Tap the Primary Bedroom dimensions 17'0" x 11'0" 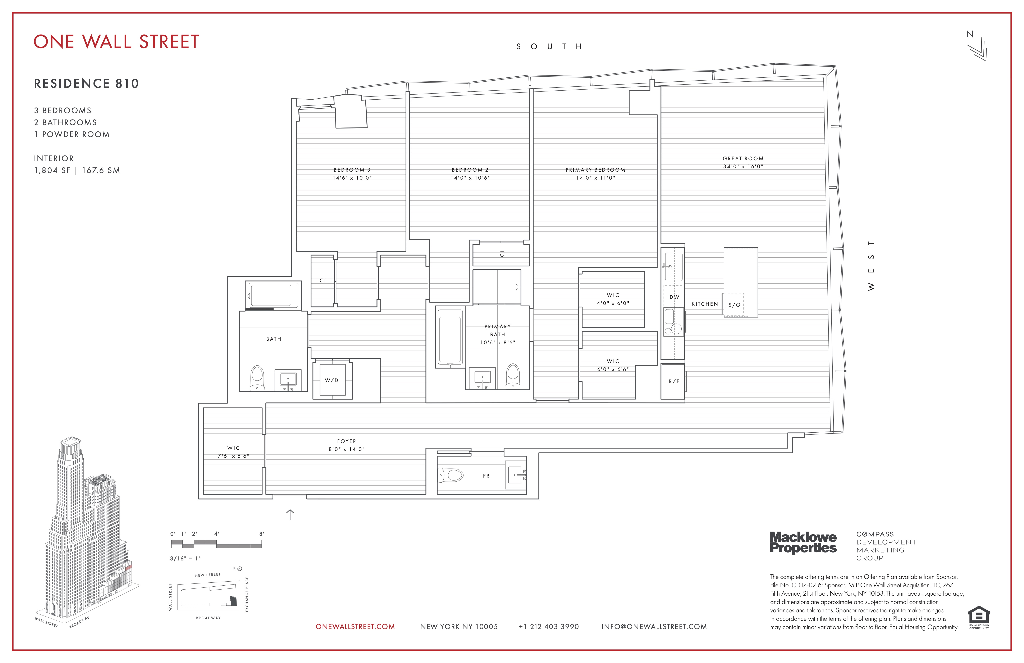pos(595,178)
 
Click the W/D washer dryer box pos(332,380)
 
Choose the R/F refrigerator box pos(673,382)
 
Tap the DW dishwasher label pos(674,297)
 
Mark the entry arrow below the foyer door pos(290,514)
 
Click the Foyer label pos(346,441)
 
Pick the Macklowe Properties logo pos(803,542)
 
